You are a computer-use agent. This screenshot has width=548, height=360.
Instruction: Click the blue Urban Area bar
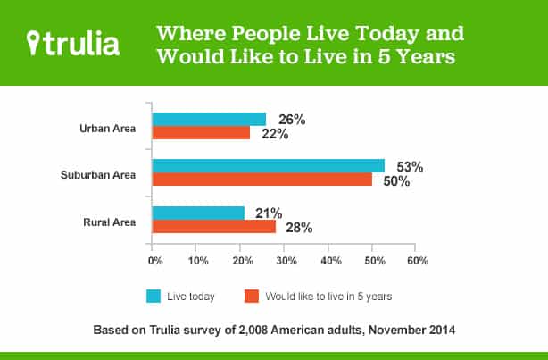click(209, 120)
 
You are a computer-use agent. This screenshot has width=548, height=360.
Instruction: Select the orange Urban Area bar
click(201, 133)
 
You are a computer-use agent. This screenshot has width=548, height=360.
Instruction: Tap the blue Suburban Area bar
click(268, 166)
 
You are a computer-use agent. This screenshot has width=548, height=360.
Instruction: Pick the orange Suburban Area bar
click(262, 180)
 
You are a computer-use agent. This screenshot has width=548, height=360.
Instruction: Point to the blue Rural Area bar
click(198, 213)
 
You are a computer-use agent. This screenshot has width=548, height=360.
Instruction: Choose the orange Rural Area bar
click(213, 226)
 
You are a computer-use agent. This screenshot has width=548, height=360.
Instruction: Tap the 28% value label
click(299, 227)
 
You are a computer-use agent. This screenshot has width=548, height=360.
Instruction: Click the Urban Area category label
click(108, 127)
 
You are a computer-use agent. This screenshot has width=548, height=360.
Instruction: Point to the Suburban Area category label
click(99, 173)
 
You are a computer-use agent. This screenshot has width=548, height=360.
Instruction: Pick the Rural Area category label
click(111, 220)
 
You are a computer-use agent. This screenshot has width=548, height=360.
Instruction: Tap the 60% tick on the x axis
click(417, 261)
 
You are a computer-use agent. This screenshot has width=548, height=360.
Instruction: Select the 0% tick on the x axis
click(154, 261)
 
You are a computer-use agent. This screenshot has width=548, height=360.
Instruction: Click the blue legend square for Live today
click(153, 295)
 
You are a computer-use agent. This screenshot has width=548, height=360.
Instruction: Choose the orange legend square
click(252, 295)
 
